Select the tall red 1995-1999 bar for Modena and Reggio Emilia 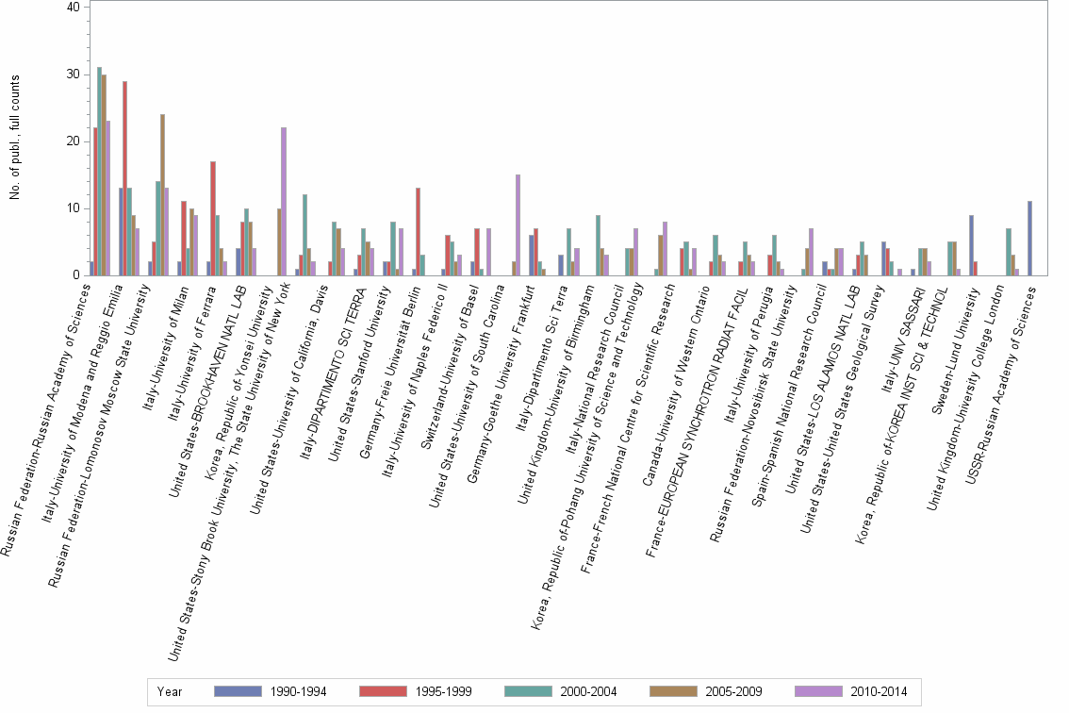[124, 178]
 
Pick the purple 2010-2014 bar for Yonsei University [283, 202]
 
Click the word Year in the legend [170, 691]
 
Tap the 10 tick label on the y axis [74, 208]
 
